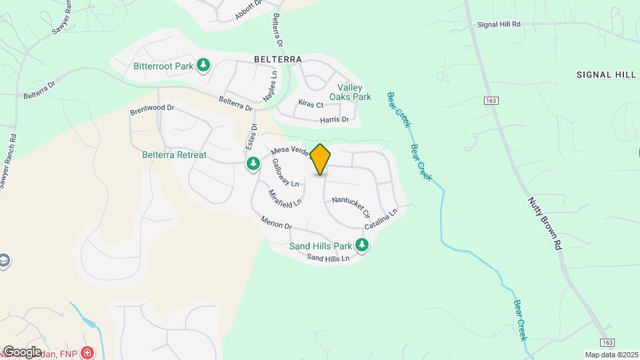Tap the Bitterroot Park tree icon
point(203,66)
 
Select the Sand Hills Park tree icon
point(362,245)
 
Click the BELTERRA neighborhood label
point(278,59)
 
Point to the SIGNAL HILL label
point(606,75)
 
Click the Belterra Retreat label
point(174,155)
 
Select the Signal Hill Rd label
point(499,24)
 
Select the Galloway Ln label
point(285,173)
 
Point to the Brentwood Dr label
point(152,107)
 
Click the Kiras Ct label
point(311,105)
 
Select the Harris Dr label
point(335,120)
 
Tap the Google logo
point(22,351)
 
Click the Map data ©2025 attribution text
point(611,355)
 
